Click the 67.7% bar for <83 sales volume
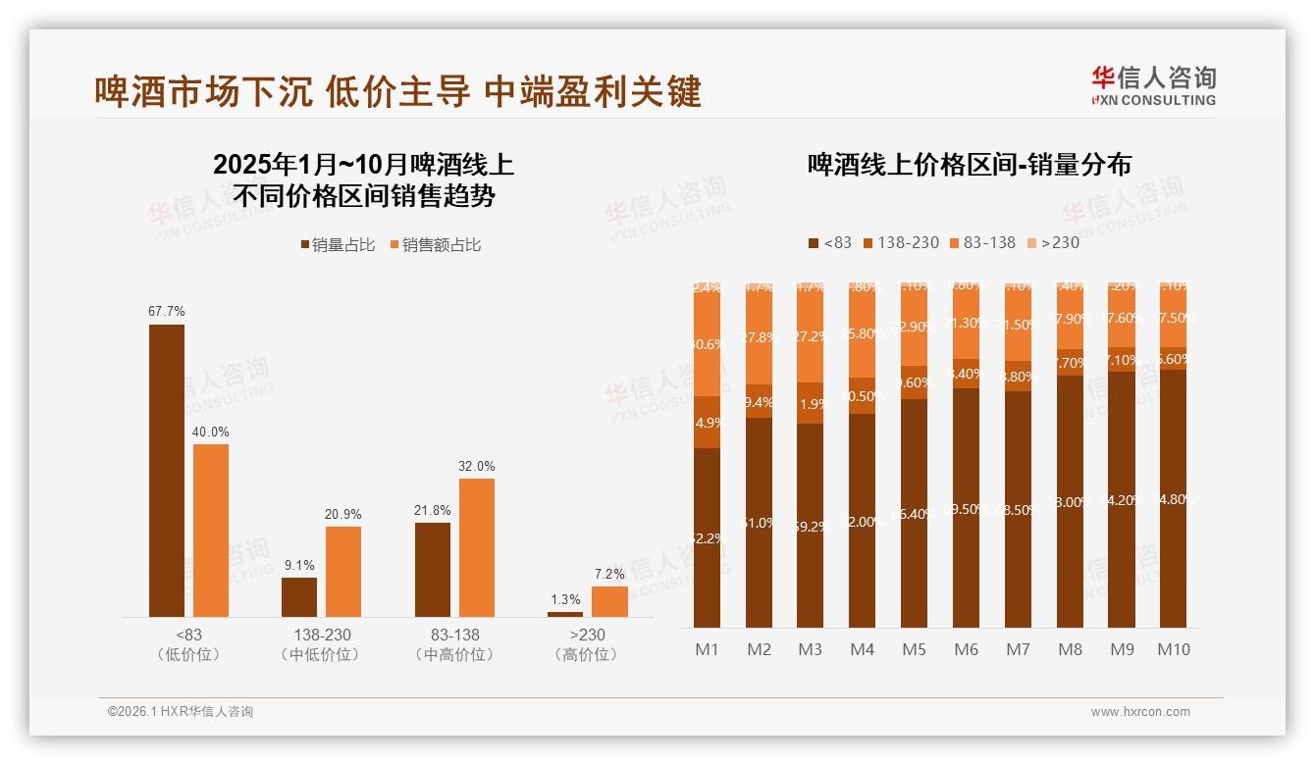point(167,470)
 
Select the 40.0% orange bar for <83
point(211,530)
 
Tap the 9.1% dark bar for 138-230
point(299,596)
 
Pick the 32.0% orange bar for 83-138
point(477,547)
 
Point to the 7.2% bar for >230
point(609,601)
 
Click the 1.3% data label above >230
point(565,599)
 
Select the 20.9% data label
point(343,514)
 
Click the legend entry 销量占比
point(338,245)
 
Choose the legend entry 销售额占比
point(436,245)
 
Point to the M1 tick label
point(707,649)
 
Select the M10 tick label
point(1173,649)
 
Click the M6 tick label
point(966,649)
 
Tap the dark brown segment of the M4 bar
point(862,520)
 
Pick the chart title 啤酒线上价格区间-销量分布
point(969,164)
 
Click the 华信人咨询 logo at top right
point(1153,84)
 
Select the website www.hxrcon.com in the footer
point(1140,712)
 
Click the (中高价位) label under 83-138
point(453,654)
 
